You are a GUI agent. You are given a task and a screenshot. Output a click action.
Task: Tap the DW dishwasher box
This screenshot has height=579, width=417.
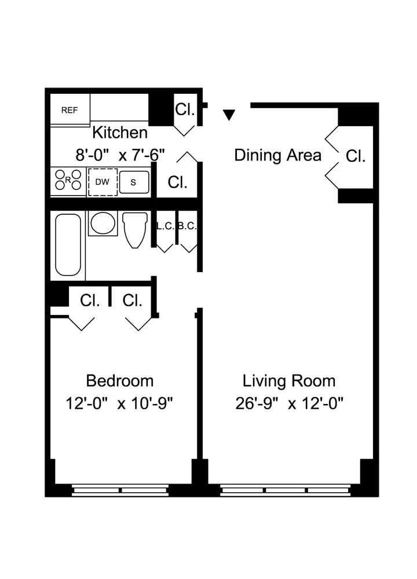pyautogui.click(x=103, y=182)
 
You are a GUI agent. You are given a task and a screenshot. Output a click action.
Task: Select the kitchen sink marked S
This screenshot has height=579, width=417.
pyautogui.click(x=134, y=182)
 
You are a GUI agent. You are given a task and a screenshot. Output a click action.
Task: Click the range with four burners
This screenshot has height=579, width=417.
pyautogui.click(x=68, y=181)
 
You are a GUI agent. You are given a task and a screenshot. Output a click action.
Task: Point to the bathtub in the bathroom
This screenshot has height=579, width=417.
pyautogui.click(x=68, y=244)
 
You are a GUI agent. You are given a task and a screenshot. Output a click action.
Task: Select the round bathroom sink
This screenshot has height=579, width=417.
pyautogui.click(x=103, y=223)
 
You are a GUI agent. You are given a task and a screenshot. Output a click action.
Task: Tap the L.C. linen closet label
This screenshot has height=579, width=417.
pyautogui.click(x=165, y=226)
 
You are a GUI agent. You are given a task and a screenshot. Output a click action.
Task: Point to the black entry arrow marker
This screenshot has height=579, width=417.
pyautogui.click(x=229, y=115)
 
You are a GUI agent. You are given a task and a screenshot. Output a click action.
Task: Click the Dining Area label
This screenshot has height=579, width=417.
pyautogui.click(x=277, y=155)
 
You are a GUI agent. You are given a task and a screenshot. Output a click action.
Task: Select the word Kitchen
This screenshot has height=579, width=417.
pyautogui.click(x=120, y=133)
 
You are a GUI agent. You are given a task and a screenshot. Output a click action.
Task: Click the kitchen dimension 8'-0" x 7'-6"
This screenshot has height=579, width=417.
pyautogui.click(x=120, y=155)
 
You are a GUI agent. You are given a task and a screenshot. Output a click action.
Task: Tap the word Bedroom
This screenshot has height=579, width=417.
pyautogui.click(x=120, y=381)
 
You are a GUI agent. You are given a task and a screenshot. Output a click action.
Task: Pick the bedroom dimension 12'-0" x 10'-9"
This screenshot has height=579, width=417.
pyautogui.click(x=120, y=403)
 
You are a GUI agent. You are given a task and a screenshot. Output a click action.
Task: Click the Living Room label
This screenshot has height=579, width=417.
pyautogui.click(x=288, y=381)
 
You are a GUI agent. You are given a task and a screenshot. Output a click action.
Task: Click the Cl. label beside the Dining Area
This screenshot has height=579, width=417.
pyautogui.click(x=356, y=156)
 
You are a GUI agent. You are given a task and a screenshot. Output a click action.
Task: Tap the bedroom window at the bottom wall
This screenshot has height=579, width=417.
pyautogui.click(x=120, y=490)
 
